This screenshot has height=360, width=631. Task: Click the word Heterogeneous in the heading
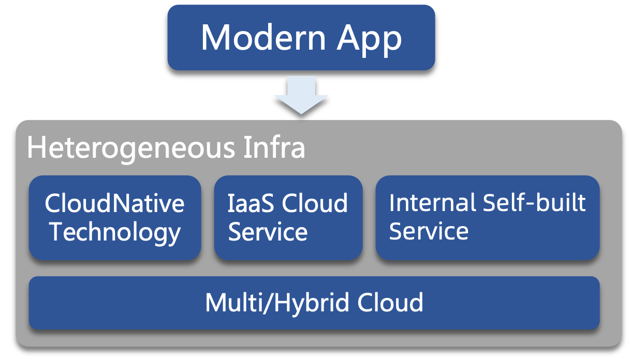tap(130, 148)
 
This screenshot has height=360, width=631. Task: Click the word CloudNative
tap(114, 203)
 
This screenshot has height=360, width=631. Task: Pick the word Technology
tap(114, 232)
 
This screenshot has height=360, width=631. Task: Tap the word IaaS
tap(247, 203)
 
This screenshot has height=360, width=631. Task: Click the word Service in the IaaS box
tap(268, 232)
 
